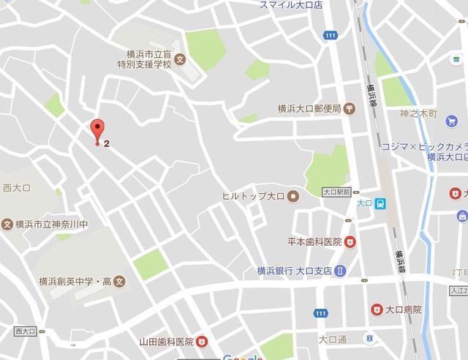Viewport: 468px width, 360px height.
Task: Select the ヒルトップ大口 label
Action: [x=254, y=196]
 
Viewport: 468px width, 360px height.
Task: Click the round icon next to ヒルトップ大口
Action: [x=292, y=196]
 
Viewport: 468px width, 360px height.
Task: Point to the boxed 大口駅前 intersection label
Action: [x=337, y=192]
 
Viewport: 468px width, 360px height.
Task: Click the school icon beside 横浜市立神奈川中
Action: [x=7, y=223]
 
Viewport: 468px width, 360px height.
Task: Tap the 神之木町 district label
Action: [x=418, y=115]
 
